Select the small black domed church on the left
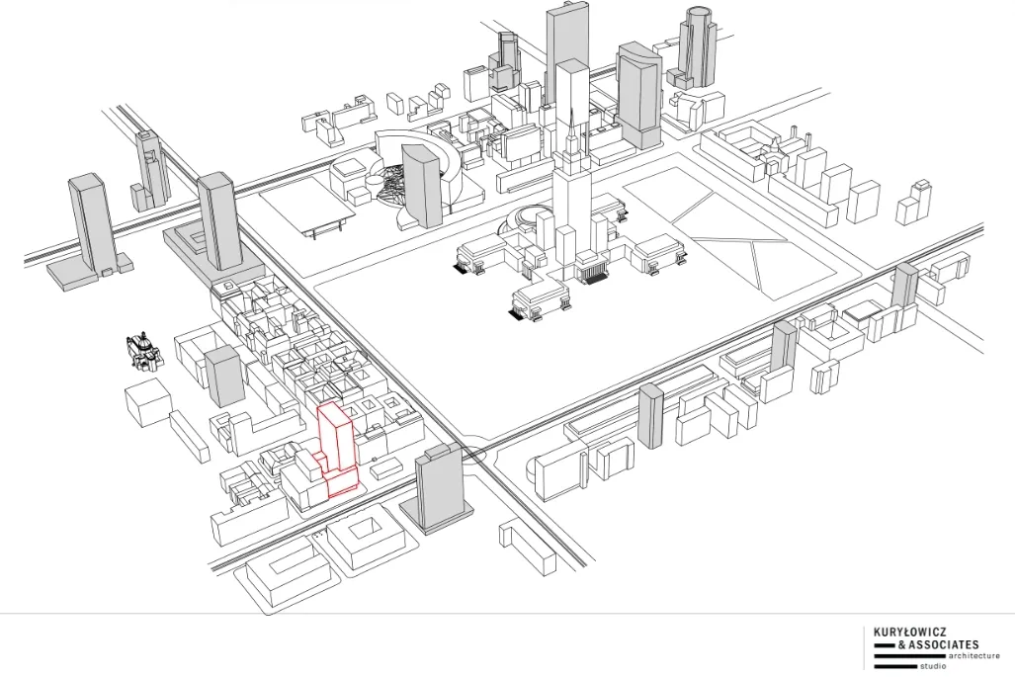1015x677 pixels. (x=143, y=349)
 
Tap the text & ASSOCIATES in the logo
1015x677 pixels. (x=936, y=644)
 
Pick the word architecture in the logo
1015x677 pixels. (x=973, y=655)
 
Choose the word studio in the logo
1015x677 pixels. (x=932, y=666)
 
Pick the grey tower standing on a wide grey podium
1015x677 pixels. (x=218, y=222)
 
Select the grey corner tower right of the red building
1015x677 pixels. (x=438, y=489)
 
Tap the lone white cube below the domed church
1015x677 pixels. (x=148, y=402)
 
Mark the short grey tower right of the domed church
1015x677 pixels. (x=224, y=376)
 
